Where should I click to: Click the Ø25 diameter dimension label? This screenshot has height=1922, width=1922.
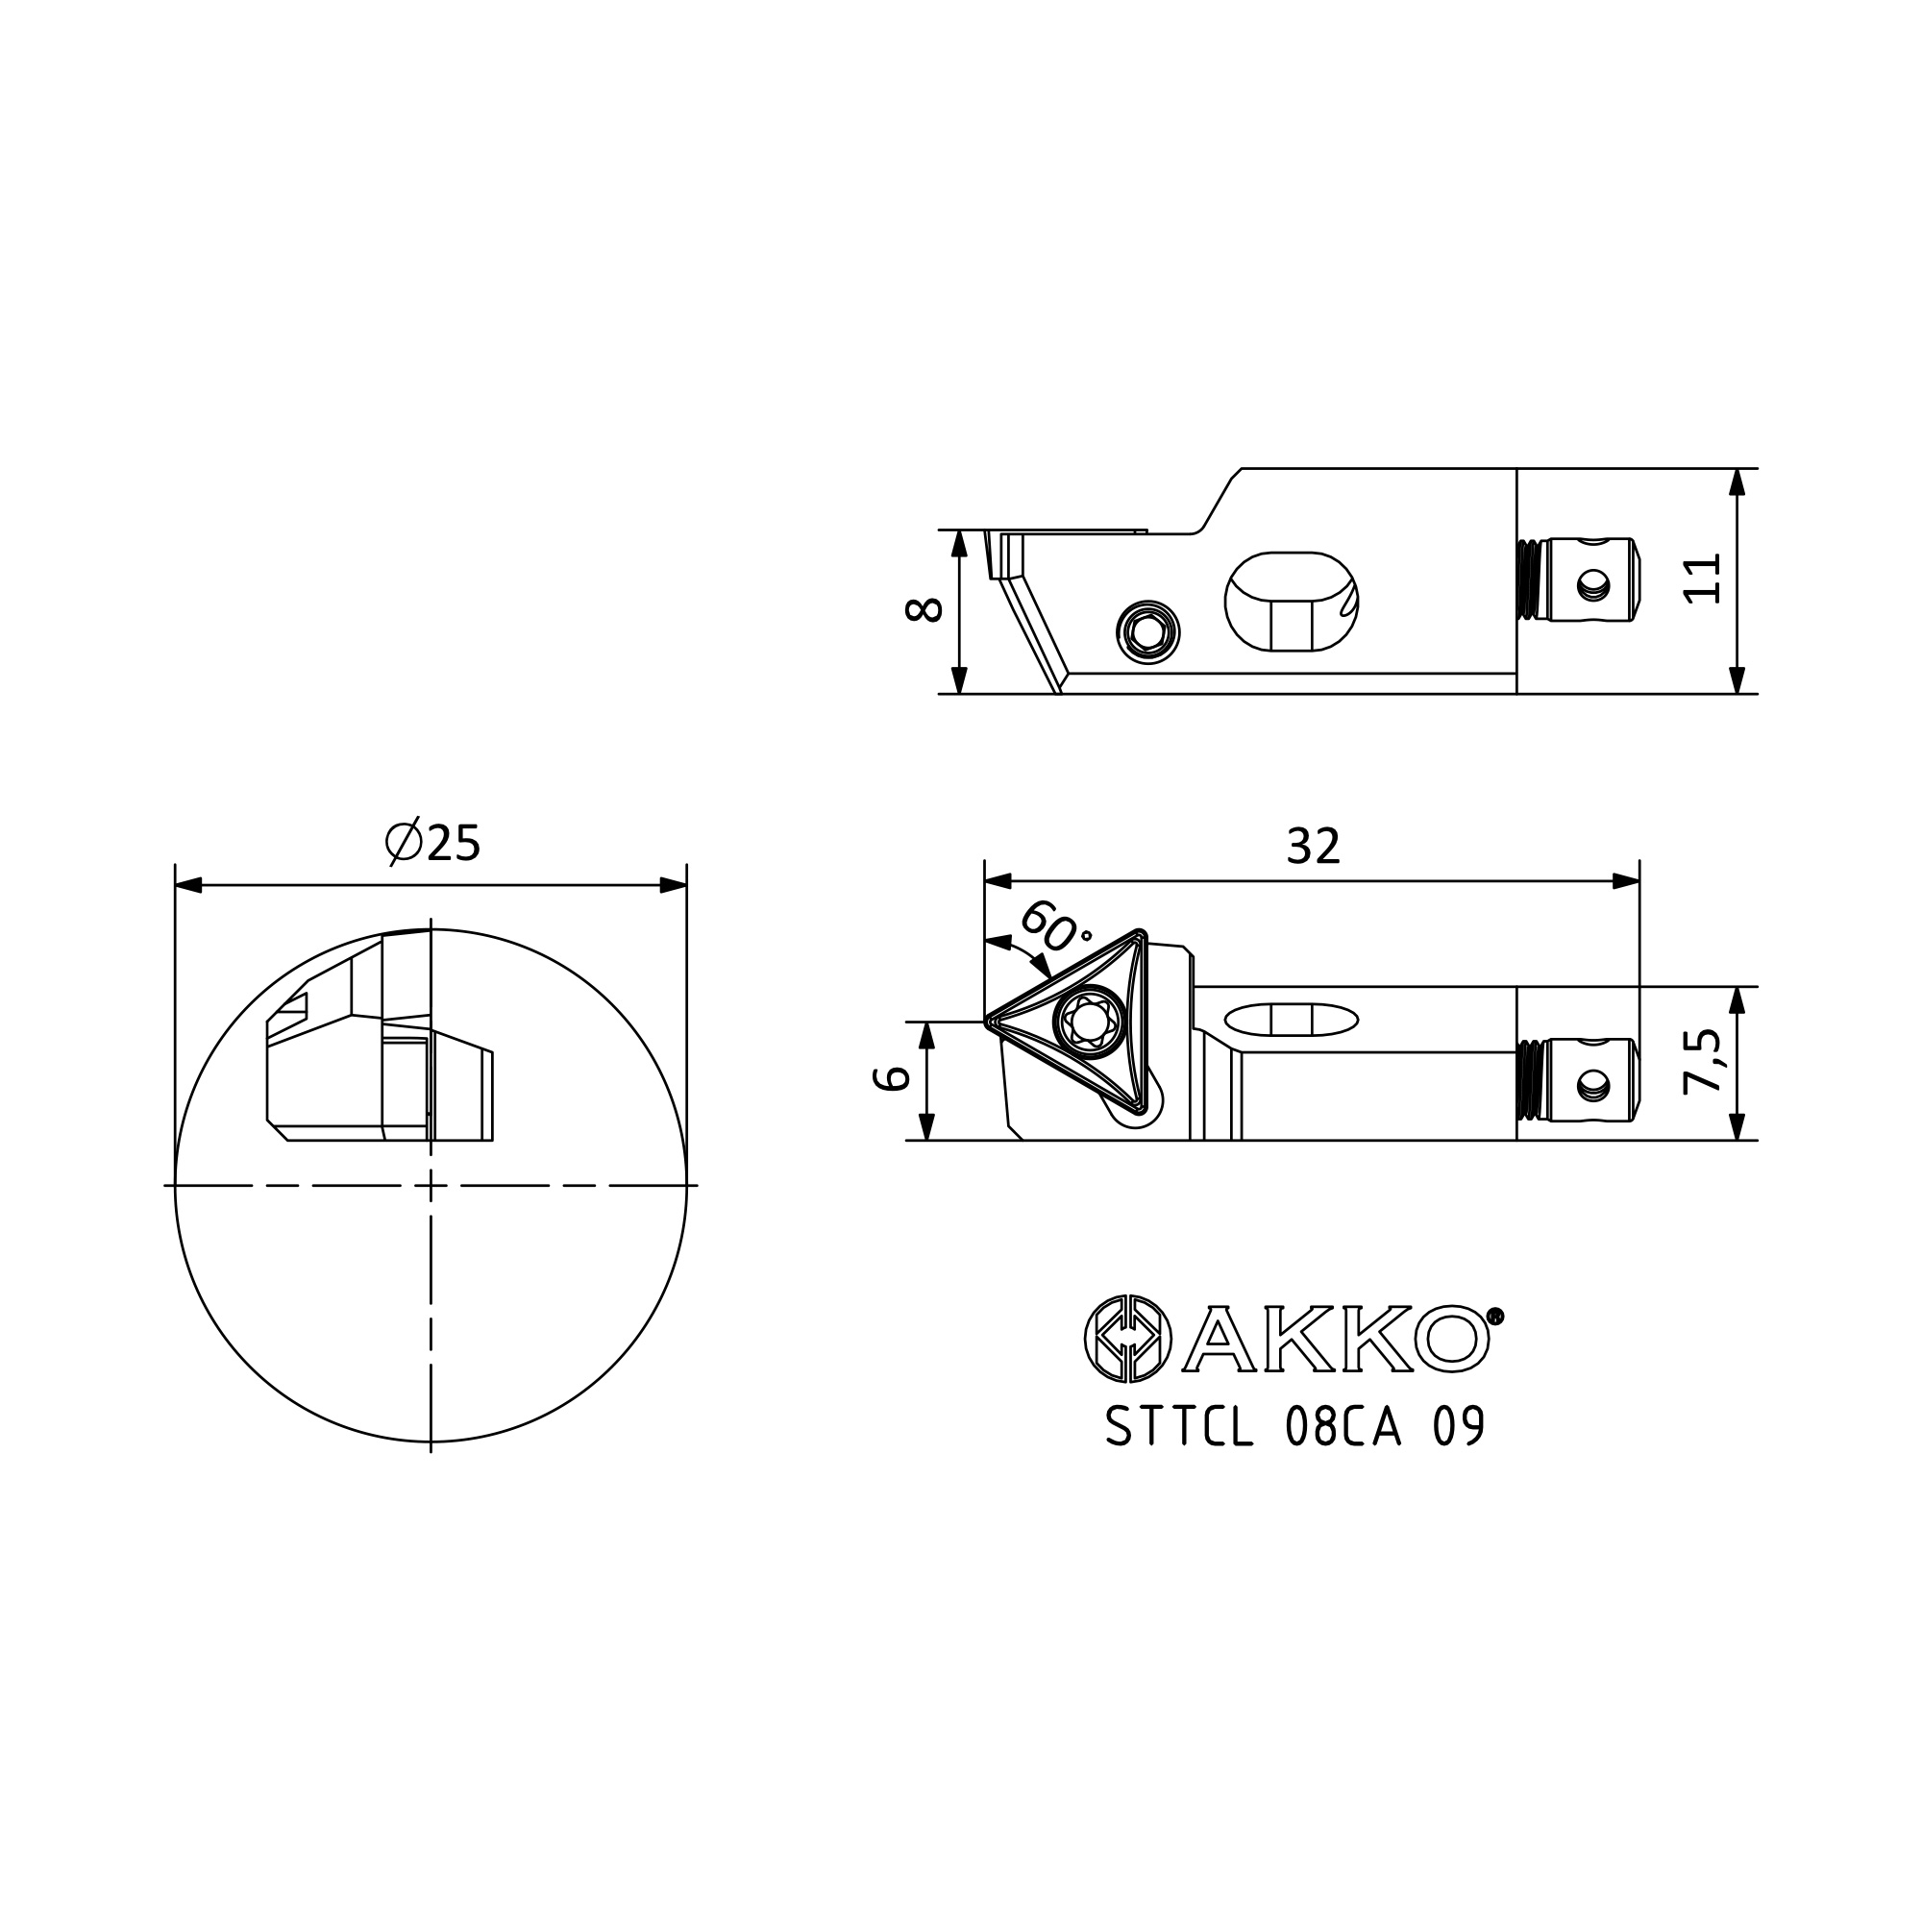[x=432, y=844]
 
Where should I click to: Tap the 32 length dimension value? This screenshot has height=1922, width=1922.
[x=1313, y=847]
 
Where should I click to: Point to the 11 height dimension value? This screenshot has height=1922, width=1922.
[x=1703, y=578]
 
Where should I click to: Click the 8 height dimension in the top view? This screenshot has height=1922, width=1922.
[x=924, y=609]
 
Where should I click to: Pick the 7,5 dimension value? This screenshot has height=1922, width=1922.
[x=1703, y=1063]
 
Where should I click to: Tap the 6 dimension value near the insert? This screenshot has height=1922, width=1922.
[x=892, y=1077]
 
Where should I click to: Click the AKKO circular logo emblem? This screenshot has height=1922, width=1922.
[x=1126, y=1339]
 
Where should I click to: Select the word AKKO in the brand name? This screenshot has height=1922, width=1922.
[x=1335, y=1339]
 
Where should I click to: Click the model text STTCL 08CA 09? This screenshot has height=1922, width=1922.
[x=1295, y=1428]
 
